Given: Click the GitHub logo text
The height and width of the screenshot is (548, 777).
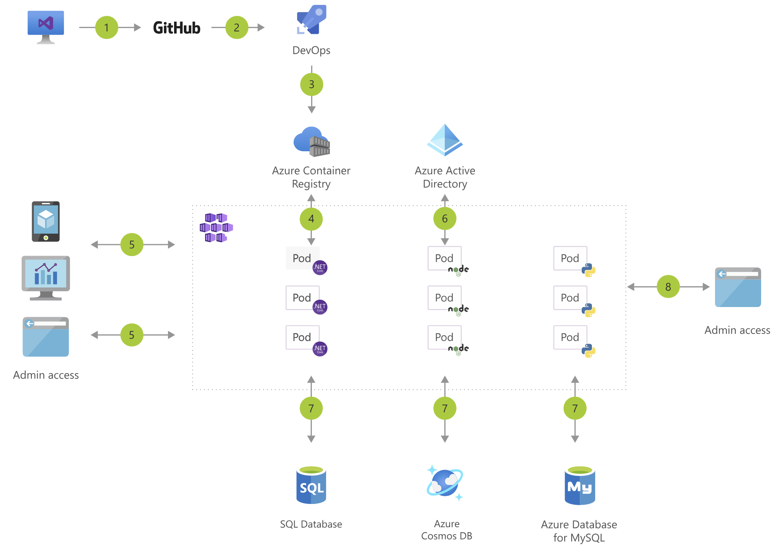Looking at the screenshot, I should pyautogui.click(x=177, y=28).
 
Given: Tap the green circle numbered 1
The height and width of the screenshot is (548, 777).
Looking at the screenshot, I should pyautogui.click(x=106, y=27).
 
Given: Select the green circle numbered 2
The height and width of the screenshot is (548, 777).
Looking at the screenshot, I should pyautogui.click(x=236, y=27).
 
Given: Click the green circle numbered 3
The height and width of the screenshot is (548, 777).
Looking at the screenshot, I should pyautogui.click(x=311, y=84).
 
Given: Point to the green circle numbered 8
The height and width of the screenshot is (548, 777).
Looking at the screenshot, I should pyautogui.click(x=668, y=287).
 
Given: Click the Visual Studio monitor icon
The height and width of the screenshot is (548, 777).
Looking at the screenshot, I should pyautogui.click(x=46, y=27).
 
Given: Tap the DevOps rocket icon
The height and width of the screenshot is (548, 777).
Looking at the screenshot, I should pyautogui.click(x=311, y=20).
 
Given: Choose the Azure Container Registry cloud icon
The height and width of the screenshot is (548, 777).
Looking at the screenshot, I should pyautogui.click(x=312, y=142).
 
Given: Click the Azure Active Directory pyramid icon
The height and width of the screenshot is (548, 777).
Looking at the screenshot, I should pyautogui.click(x=445, y=140).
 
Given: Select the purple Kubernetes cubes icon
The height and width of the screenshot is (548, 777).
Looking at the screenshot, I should pyautogui.click(x=216, y=228).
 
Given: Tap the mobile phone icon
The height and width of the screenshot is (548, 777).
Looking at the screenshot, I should pyautogui.click(x=46, y=221).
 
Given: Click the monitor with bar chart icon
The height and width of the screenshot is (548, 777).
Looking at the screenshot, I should pyautogui.click(x=46, y=278).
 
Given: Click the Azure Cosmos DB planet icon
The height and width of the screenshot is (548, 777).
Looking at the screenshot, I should pyautogui.click(x=445, y=483).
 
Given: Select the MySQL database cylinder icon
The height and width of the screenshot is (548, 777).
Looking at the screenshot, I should pyautogui.click(x=580, y=486).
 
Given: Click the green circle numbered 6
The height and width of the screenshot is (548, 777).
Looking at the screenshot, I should pyautogui.click(x=445, y=219).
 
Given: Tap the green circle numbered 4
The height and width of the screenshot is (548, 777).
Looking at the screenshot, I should pyautogui.click(x=311, y=219).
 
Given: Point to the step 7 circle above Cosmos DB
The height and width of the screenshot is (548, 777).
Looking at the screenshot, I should pyautogui.click(x=445, y=408).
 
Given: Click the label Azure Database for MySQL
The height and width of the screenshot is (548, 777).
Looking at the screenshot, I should pyautogui.click(x=579, y=531).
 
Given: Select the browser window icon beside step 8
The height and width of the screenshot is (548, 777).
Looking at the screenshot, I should pyautogui.click(x=738, y=287).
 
